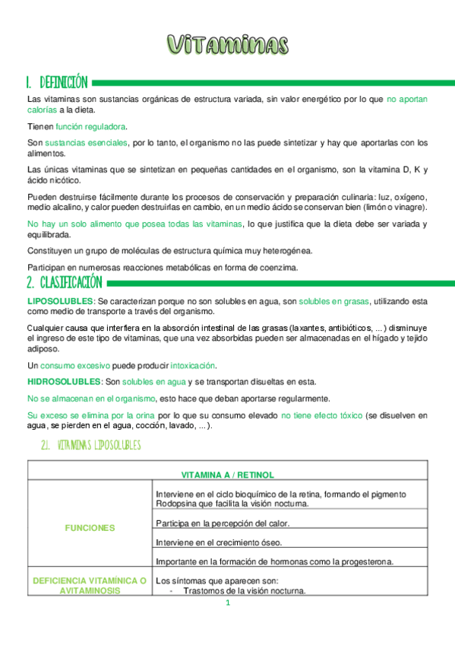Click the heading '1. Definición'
tap(57, 82)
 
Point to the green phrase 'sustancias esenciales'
tap(86, 142)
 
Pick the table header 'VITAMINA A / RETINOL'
tap(228, 475)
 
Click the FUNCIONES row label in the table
tap(90, 527)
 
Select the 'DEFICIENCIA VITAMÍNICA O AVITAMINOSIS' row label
tap(90, 585)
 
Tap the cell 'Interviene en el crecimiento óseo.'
tap(218, 542)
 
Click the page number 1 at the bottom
tap(227, 603)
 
